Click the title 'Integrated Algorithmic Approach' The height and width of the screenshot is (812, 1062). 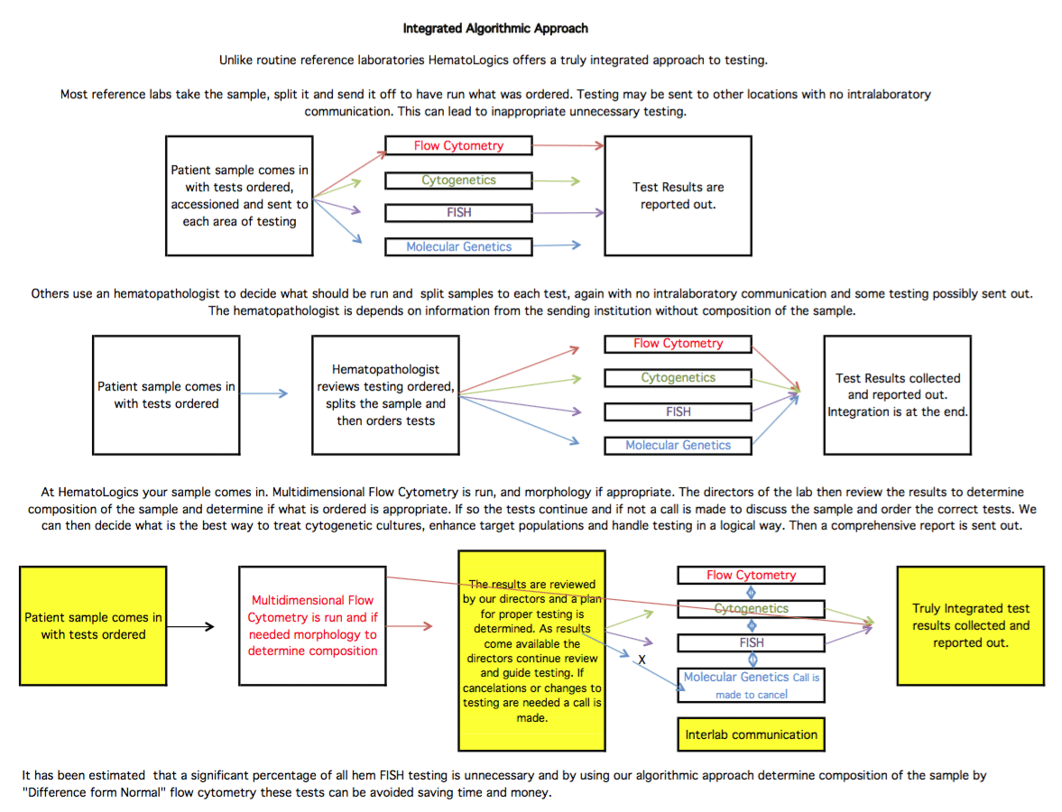point(495,29)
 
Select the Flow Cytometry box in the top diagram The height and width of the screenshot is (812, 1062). point(458,145)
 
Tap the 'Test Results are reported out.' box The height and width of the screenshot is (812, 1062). point(678,196)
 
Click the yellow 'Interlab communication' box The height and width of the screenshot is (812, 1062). point(751,734)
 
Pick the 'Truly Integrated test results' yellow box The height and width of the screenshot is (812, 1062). point(971,626)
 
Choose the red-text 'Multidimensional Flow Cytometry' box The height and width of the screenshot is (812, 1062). point(312,626)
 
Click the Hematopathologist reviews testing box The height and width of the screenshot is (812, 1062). point(385,395)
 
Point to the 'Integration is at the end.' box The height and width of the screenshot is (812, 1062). point(898,395)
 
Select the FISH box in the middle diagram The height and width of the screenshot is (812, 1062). point(678,411)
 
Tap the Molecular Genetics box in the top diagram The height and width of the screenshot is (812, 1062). point(458,246)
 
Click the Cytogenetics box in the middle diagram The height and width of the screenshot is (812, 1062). point(678,378)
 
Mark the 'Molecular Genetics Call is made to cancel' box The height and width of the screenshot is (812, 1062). point(751,686)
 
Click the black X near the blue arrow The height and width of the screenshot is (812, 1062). point(642,660)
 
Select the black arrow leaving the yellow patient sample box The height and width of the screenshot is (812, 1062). point(190,626)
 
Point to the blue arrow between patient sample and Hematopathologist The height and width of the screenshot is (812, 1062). point(263,393)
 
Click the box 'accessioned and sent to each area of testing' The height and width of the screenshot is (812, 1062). point(239,196)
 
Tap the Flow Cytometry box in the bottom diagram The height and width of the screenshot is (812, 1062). point(751,575)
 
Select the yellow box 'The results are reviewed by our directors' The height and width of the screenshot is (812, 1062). point(531,651)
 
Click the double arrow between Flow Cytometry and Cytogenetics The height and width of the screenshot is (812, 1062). point(751,593)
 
